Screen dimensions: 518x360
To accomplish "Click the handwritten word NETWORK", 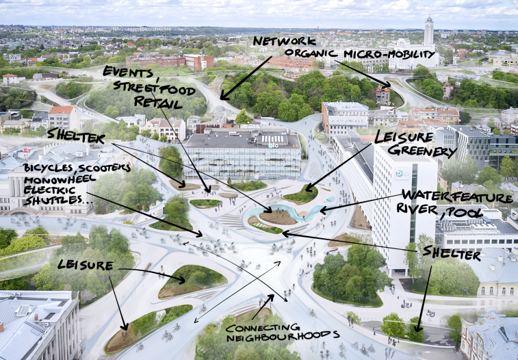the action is (x=285, y=41).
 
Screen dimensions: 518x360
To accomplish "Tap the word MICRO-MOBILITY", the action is (x=389, y=54).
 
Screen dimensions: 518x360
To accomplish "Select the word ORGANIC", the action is (x=311, y=53).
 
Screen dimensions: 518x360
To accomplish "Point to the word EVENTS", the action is (x=127, y=72).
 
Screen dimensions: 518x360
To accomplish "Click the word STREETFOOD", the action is (x=154, y=88).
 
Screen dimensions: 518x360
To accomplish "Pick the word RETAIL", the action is (x=158, y=103).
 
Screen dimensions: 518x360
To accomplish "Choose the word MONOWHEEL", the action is (x=60, y=180).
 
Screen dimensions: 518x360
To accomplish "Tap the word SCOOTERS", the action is (x=104, y=168).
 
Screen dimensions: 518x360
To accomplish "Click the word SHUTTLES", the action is (x=52, y=200).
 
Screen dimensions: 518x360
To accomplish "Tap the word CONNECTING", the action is (x=263, y=328).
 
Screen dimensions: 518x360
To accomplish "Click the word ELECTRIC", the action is (x=49, y=191).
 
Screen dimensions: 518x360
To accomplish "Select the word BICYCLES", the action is (x=49, y=168).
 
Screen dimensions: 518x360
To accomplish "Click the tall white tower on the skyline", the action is (x=429, y=31).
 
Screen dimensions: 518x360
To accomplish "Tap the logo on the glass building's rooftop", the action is (x=273, y=145).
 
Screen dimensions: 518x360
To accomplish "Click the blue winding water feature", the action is (x=290, y=211).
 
